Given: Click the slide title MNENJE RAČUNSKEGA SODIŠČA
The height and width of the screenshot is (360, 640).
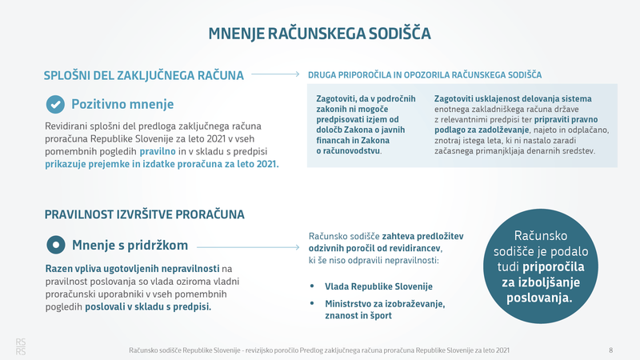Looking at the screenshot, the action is click(x=319, y=34).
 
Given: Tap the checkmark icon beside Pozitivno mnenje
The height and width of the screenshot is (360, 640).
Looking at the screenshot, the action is click(x=55, y=105).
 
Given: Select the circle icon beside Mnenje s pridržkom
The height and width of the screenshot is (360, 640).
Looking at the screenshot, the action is click(x=56, y=245).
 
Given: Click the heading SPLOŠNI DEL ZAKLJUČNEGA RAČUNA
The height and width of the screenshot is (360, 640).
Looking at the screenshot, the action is click(x=144, y=75).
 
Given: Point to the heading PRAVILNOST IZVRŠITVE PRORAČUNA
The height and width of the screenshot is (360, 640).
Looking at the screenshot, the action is click(x=145, y=214).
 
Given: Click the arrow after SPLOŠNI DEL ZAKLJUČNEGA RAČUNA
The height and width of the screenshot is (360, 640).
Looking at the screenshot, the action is click(x=275, y=74).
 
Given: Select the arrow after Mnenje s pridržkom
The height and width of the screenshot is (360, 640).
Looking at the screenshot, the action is click(x=248, y=247).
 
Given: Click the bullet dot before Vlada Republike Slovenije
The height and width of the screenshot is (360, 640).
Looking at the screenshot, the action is click(x=312, y=286).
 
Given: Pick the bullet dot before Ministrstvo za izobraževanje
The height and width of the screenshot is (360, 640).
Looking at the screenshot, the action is click(x=312, y=303).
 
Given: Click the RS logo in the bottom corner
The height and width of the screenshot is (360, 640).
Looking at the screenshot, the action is click(x=21, y=346).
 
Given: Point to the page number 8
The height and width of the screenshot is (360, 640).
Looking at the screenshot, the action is click(x=611, y=350).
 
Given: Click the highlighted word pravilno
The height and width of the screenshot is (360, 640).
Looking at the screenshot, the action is click(x=158, y=151).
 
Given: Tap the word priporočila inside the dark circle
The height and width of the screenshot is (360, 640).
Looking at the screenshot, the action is click(x=554, y=267).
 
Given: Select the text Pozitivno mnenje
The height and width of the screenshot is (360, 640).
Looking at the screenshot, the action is click(x=122, y=105).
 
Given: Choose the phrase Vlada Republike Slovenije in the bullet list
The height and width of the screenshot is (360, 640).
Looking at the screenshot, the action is click(x=378, y=286).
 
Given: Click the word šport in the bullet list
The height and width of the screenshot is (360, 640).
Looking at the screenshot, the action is click(x=381, y=315).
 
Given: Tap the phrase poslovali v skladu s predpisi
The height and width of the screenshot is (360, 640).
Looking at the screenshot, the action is click(x=148, y=307).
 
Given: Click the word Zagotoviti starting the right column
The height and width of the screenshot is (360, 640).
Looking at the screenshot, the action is click(x=454, y=98).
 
